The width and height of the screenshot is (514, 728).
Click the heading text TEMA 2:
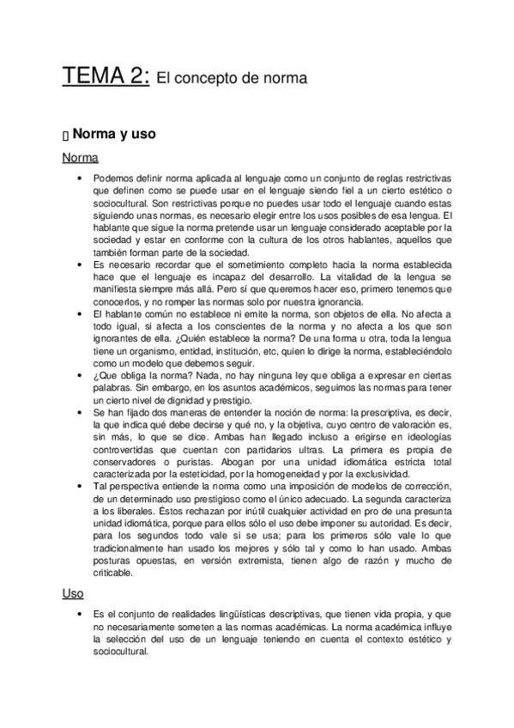coord(106,76)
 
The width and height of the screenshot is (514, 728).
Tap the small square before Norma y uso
coord(65,136)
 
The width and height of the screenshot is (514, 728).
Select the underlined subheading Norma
coord(80,158)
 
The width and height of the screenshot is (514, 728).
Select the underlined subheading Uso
coord(73,592)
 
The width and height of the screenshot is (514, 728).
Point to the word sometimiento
coord(238,267)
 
